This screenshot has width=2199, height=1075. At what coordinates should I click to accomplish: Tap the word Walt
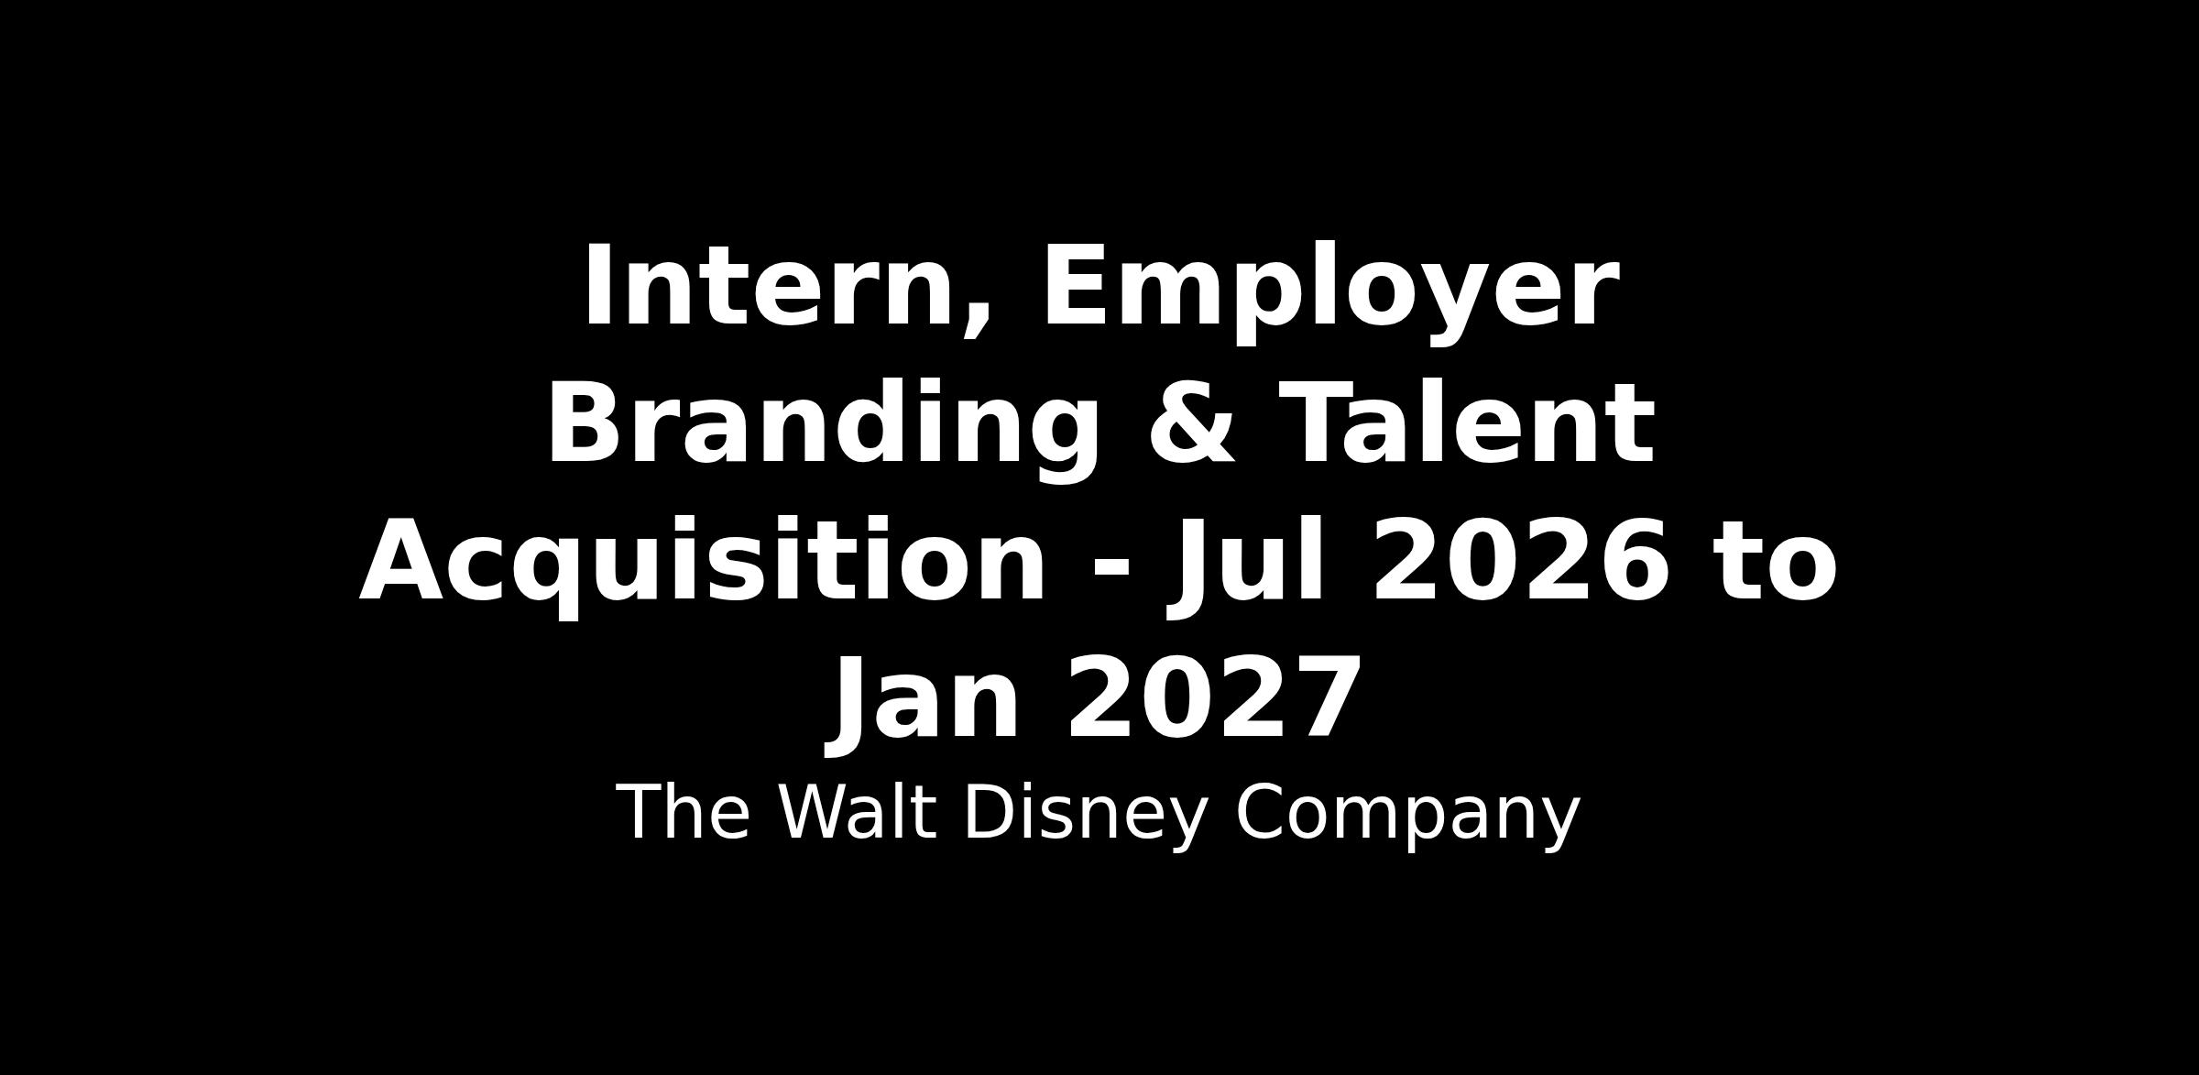tap(857, 813)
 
